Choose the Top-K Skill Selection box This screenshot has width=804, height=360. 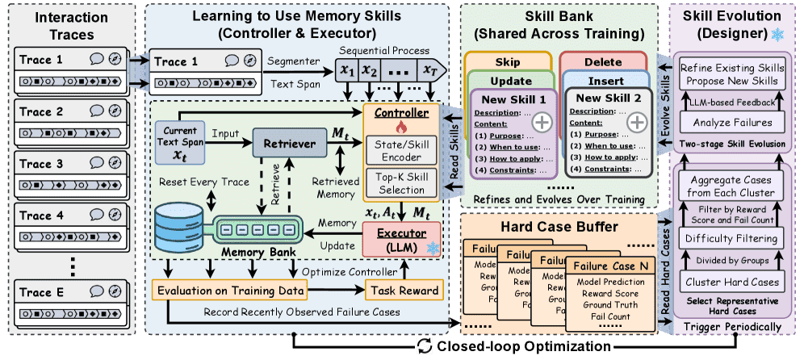pos(401,183)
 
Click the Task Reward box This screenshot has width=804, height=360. pos(403,291)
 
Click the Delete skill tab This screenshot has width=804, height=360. pos(604,61)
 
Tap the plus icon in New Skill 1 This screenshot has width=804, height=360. pos(540,123)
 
